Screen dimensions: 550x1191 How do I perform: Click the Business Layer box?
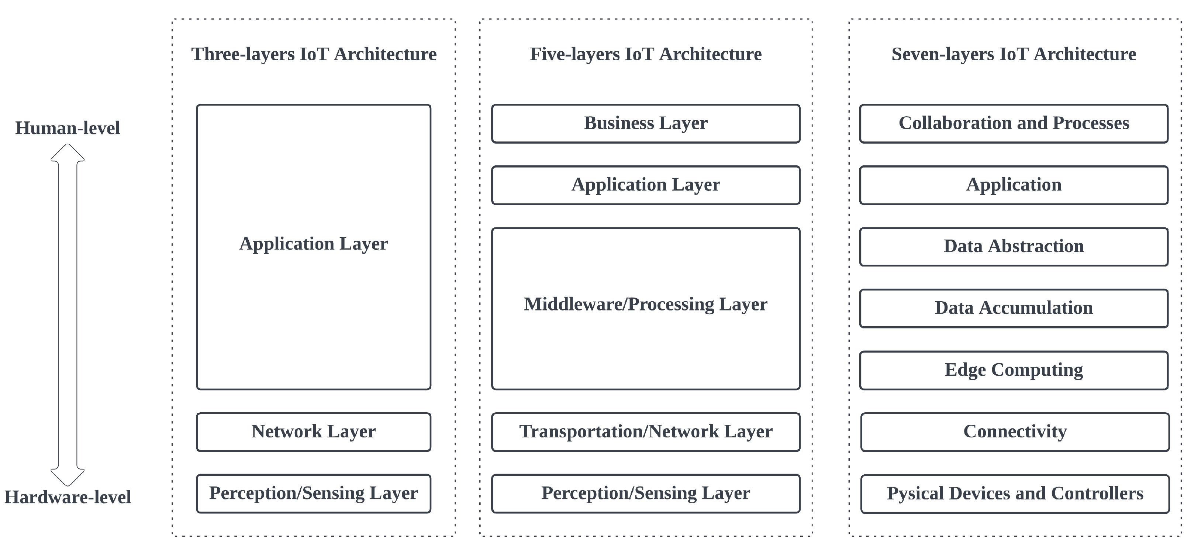645,124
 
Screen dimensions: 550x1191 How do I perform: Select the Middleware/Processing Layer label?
645,305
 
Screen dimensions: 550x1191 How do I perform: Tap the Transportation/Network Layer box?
645,432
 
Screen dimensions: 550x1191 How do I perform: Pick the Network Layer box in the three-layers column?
314,432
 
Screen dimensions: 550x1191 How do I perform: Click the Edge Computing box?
1014,370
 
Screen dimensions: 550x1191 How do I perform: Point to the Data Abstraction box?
1014,247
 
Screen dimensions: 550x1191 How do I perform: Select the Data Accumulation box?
1014,308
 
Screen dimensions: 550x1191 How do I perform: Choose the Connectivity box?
1015,432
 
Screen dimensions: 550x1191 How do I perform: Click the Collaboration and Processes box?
1014,124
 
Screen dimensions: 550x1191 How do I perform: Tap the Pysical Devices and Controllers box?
1015,494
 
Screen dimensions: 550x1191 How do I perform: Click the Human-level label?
68,128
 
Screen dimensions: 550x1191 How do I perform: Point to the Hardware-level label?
68,497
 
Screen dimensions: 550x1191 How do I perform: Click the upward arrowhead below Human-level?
68,153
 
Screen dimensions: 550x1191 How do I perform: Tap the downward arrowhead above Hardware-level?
68,477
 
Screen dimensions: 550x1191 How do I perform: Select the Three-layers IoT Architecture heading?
314,54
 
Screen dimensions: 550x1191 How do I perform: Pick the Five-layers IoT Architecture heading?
645,54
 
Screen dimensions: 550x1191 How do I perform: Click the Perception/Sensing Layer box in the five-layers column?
645,494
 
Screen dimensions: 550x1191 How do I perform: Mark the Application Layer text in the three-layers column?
314,244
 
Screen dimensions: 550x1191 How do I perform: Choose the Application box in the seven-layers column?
1014,185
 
